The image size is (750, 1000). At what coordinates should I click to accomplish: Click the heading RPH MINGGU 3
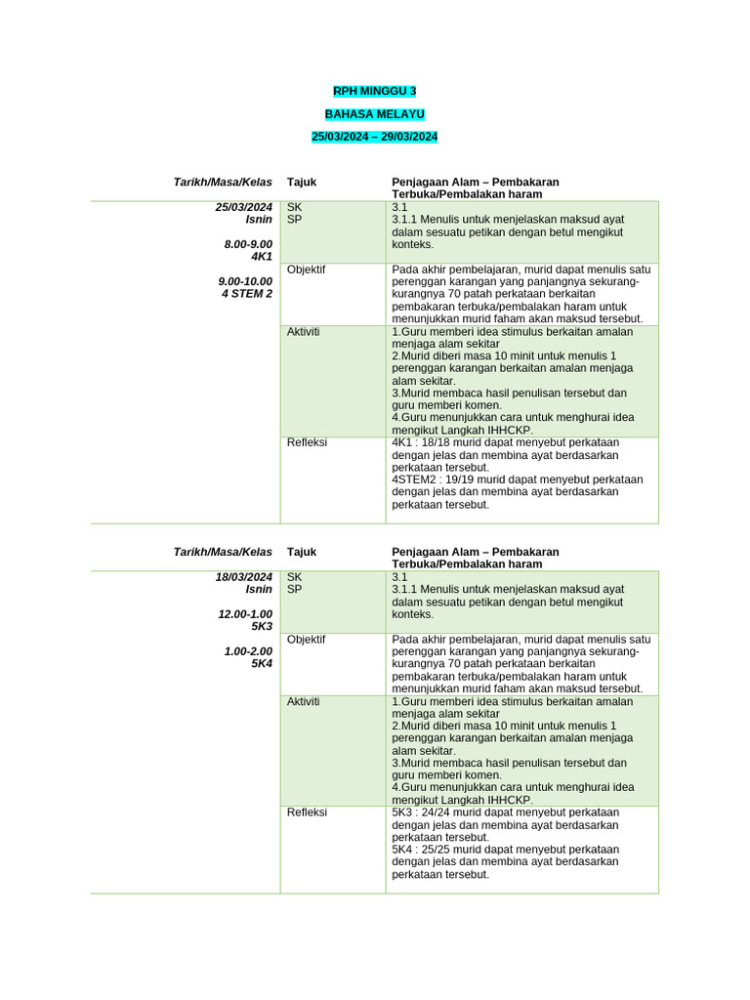click(375, 91)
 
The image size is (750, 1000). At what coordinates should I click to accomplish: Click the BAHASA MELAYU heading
click(375, 114)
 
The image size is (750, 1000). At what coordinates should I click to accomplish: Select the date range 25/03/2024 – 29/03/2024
click(375, 137)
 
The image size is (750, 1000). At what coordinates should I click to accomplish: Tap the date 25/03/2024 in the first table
click(244, 207)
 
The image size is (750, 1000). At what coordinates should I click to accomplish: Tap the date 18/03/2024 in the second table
click(244, 577)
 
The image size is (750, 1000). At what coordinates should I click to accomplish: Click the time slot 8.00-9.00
click(248, 244)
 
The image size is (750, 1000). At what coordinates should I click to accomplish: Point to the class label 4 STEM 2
click(247, 293)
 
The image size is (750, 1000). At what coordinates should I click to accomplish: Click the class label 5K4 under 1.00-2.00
click(262, 663)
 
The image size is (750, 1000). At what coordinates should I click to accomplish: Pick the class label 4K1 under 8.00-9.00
click(262, 257)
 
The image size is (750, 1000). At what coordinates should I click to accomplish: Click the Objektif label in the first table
click(307, 270)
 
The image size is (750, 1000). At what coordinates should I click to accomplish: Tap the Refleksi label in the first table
click(307, 442)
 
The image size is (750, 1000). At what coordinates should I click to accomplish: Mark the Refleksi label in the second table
click(307, 812)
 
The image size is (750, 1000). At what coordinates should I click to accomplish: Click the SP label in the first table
click(295, 220)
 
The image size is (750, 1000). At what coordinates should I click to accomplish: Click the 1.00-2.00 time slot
click(248, 650)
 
